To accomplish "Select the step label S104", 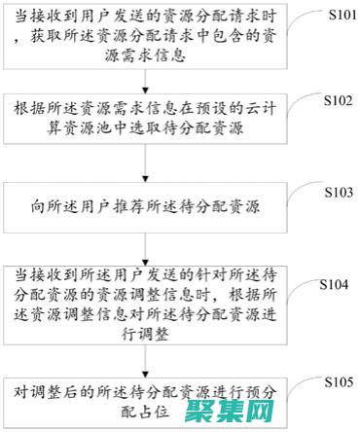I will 335,284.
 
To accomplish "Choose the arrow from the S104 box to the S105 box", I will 145,359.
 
